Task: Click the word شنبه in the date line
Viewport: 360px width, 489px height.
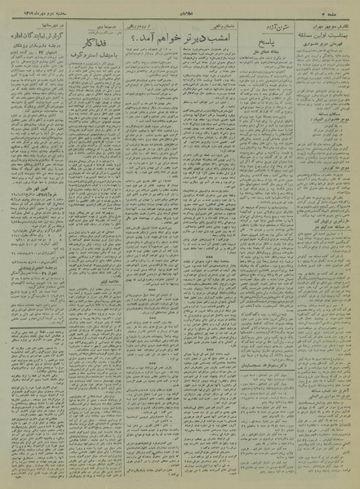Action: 56,11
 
